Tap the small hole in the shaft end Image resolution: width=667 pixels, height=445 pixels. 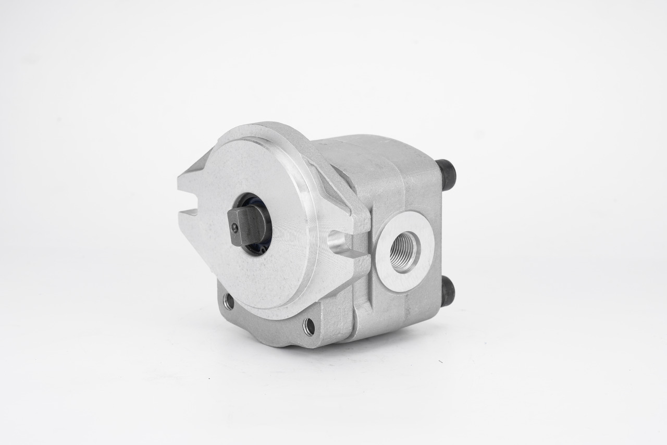tap(236, 227)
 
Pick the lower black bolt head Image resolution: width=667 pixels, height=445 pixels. tap(447, 291)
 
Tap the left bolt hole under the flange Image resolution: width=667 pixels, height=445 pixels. tap(228, 301)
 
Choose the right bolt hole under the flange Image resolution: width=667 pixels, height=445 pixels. tap(309, 326)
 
